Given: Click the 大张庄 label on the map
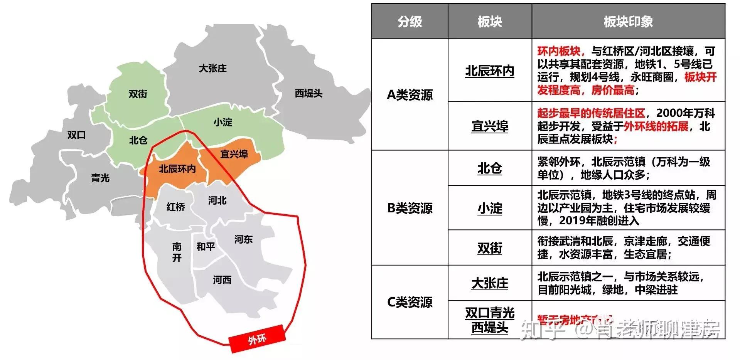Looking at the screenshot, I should (x=212, y=68).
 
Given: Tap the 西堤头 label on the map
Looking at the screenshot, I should (x=308, y=93).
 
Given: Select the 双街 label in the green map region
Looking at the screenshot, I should (x=138, y=94).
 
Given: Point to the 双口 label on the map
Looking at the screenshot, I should (x=76, y=135).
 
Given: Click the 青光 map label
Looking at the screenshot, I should (x=100, y=178).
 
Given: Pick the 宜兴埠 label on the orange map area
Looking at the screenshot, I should (x=234, y=154).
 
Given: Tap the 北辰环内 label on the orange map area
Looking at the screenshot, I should (x=177, y=169).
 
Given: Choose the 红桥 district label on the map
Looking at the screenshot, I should (x=175, y=207).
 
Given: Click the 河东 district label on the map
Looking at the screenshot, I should (x=243, y=239).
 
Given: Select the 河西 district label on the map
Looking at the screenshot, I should (x=222, y=280).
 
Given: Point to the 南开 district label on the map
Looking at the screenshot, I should (x=177, y=252).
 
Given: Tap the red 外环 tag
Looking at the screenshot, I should (x=257, y=340).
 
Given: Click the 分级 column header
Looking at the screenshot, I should (x=410, y=22).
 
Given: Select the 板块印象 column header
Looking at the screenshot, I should (x=628, y=22).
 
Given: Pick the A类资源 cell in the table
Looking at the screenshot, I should (x=410, y=95).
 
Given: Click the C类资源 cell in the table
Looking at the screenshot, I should (x=410, y=302).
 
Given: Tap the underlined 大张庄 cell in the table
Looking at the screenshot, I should (x=490, y=283).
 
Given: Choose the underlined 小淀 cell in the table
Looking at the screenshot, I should (x=490, y=209).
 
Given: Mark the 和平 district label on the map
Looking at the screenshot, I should (x=206, y=247).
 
